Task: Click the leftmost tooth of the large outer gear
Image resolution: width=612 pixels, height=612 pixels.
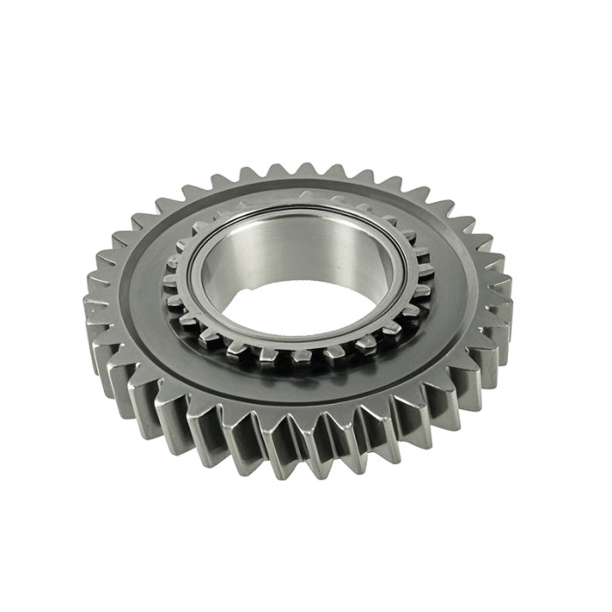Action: click(94, 306)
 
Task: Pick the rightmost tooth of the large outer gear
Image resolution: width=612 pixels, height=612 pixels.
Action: click(504, 289)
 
